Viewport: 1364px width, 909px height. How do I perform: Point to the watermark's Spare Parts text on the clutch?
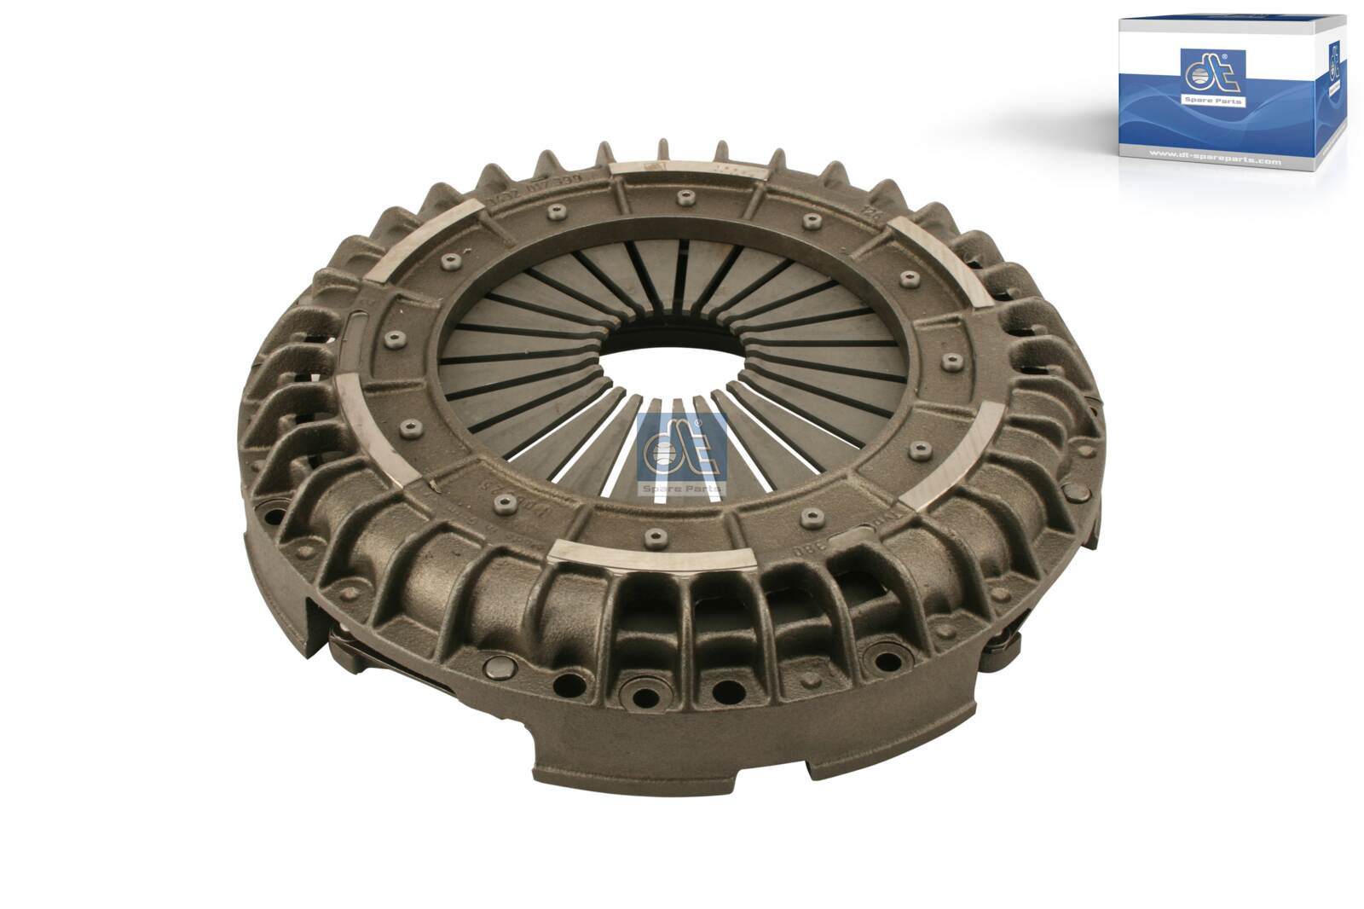(x=682, y=489)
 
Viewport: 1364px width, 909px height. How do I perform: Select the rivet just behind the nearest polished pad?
(x=654, y=536)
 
